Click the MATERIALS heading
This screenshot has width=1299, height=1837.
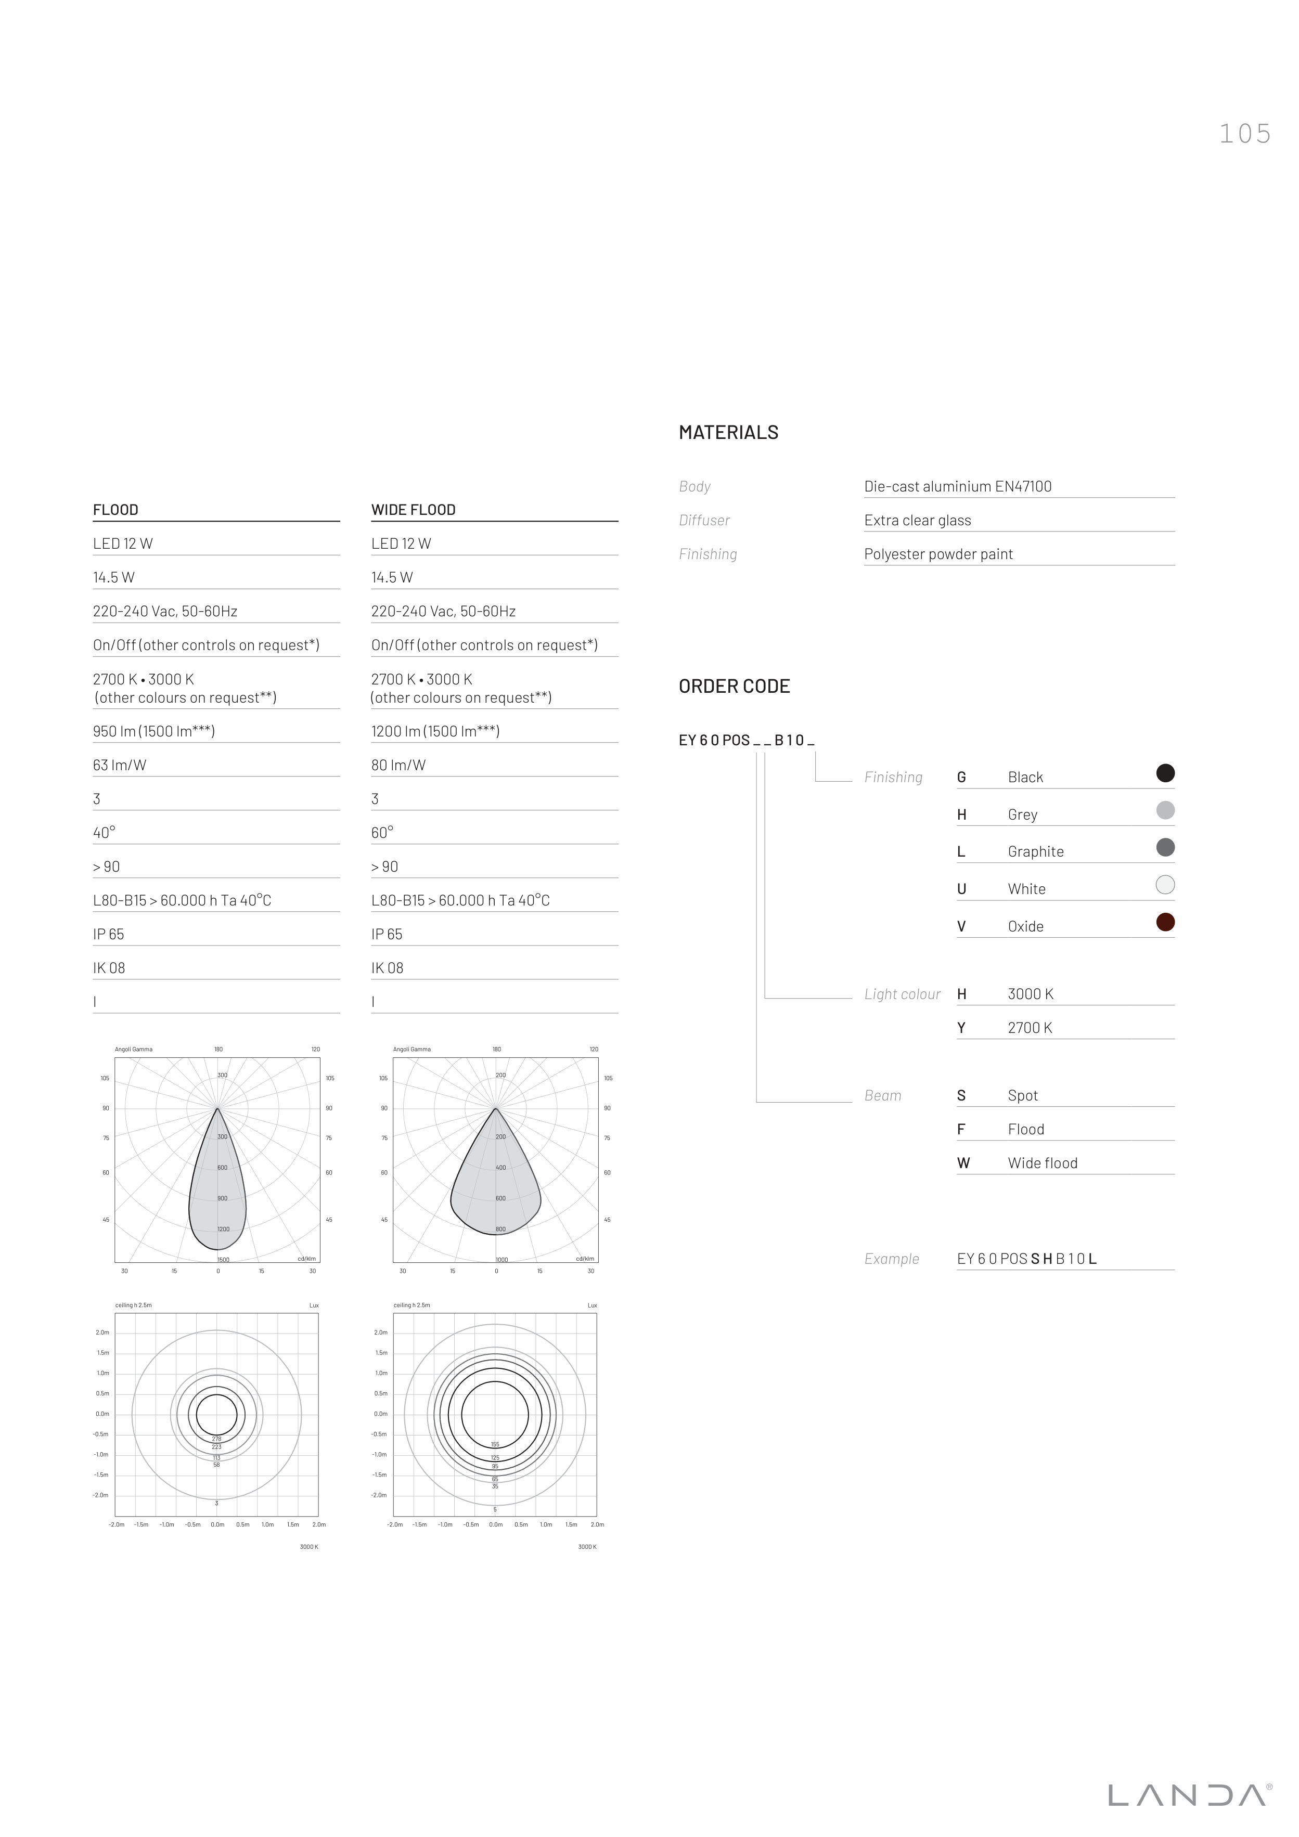click(728, 432)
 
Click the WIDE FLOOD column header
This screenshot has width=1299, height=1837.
click(413, 510)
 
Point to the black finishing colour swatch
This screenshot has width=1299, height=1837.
click(1165, 773)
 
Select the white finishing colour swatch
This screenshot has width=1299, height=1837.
click(1165, 884)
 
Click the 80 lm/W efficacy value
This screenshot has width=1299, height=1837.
click(398, 765)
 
